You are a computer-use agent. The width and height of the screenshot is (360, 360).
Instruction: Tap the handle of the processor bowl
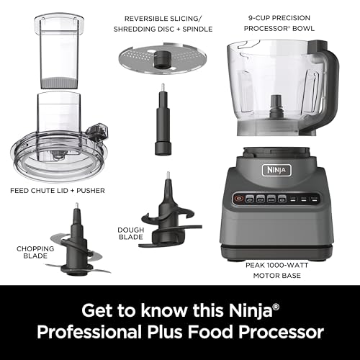click(x=332, y=94)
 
